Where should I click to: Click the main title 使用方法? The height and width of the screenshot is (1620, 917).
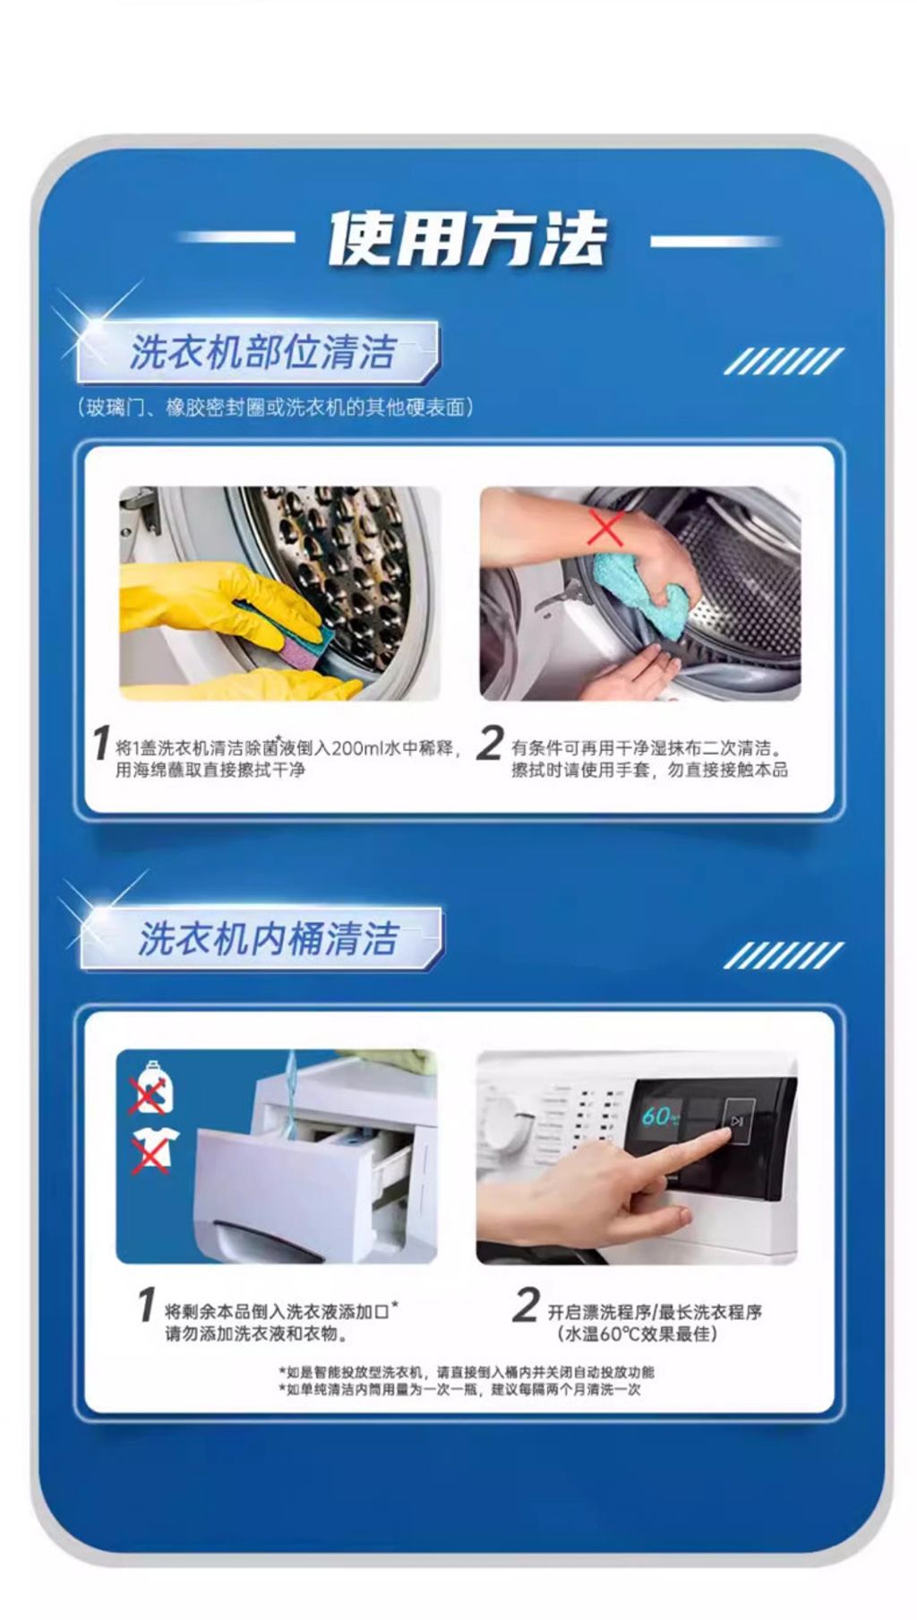coord(467,239)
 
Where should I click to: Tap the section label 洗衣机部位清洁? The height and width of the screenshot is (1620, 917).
coord(261,352)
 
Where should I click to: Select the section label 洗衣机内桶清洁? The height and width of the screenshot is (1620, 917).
coord(267,938)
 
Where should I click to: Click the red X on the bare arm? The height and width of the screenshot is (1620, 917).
coord(606,528)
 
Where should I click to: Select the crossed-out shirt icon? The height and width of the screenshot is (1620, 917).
coord(152,1150)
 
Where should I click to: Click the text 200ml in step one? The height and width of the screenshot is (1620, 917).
coord(356,748)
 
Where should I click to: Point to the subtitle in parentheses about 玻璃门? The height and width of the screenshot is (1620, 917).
coord(274,408)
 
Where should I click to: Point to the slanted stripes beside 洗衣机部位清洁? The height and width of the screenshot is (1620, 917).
coord(783,361)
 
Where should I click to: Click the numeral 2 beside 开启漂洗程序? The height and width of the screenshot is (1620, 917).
coord(527,1305)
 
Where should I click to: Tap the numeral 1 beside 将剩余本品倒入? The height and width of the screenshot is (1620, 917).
coord(147,1305)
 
